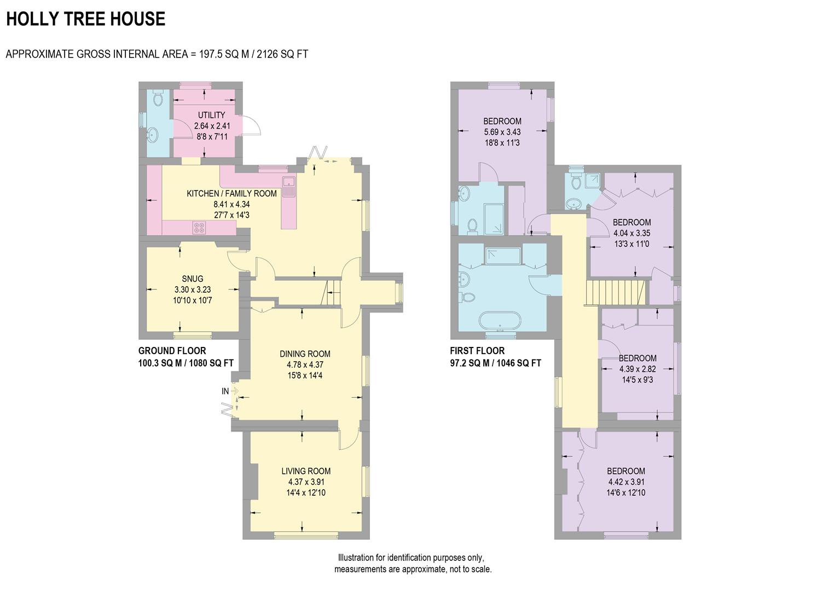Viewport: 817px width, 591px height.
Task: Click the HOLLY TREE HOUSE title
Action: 85,19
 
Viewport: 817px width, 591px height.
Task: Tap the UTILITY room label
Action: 211,115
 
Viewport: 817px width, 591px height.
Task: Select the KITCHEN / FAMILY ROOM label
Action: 231,193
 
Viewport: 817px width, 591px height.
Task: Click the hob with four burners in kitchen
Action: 199,227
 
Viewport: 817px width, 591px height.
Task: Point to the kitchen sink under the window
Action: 288,186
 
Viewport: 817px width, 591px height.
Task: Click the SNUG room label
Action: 193,279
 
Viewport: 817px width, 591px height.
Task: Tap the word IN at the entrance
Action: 225,391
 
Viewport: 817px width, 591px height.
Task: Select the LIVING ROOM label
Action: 306,471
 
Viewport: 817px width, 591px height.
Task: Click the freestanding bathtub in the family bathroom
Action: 498,321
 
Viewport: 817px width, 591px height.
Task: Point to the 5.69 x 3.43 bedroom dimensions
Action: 502,132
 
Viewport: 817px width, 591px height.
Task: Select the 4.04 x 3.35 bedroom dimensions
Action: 631,233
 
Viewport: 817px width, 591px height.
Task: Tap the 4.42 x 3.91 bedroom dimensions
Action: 626,482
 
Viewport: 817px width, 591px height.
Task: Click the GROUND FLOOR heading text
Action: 172,351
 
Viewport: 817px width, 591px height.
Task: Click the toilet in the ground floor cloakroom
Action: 158,99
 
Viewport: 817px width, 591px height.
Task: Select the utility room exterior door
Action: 251,126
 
